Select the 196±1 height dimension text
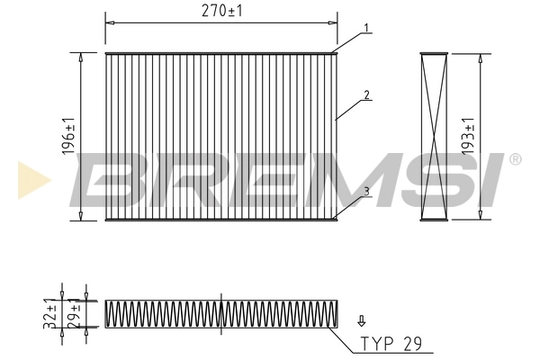[x=69, y=136]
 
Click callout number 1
[x=367, y=28]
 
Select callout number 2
[x=367, y=94]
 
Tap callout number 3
[x=367, y=190]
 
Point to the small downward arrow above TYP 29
[x=362, y=319]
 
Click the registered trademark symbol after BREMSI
[x=515, y=159]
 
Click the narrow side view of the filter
[x=435, y=136]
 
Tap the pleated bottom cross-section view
[x=221, y=313]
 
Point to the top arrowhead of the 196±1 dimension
[x=82, y=56]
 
